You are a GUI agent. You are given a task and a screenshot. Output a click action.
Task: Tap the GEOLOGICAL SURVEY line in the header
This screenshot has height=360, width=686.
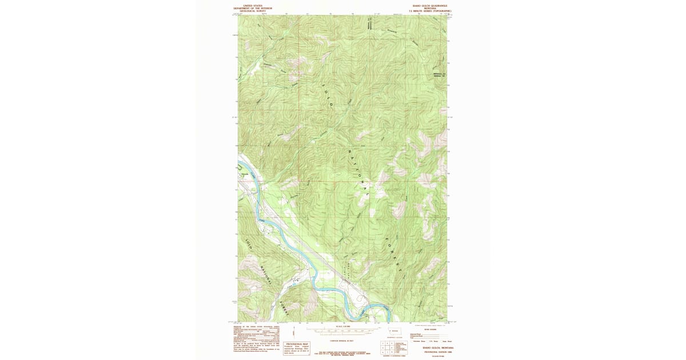(x=253, y=11)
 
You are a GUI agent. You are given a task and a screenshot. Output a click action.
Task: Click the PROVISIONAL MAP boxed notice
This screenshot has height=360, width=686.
(x=297, y=346)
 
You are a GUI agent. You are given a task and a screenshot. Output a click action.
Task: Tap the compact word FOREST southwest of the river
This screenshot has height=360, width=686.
(x=284, y=309)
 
